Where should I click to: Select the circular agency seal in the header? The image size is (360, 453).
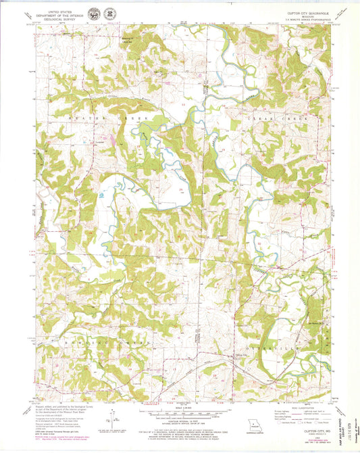[109, 14]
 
